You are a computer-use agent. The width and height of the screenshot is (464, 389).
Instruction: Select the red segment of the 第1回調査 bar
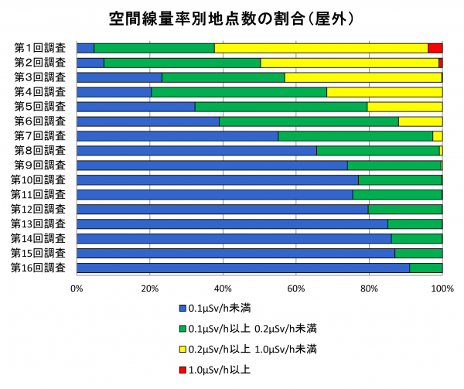point(435,48)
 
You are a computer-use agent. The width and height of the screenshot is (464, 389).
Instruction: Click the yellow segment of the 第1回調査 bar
point(321,48)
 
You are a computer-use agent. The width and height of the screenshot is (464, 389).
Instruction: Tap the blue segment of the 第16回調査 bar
point(243,268)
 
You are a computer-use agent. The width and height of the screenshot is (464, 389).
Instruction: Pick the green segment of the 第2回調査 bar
point(182,63)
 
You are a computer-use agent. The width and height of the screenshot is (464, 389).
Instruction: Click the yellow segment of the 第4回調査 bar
point(384,92)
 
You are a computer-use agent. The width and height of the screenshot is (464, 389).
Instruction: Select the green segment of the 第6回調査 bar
point(309,121)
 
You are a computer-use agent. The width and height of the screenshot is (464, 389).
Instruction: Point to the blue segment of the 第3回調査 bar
point(119,77)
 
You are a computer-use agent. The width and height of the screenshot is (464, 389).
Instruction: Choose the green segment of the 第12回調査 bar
point(405,209)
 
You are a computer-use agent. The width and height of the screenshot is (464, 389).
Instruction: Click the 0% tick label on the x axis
point(77,288)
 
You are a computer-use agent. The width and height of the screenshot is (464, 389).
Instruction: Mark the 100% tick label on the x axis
point(442,288)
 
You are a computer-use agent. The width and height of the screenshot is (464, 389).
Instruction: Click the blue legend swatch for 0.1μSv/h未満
point(183,306)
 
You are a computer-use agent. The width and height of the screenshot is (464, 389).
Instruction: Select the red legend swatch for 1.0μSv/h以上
point(183,370)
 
